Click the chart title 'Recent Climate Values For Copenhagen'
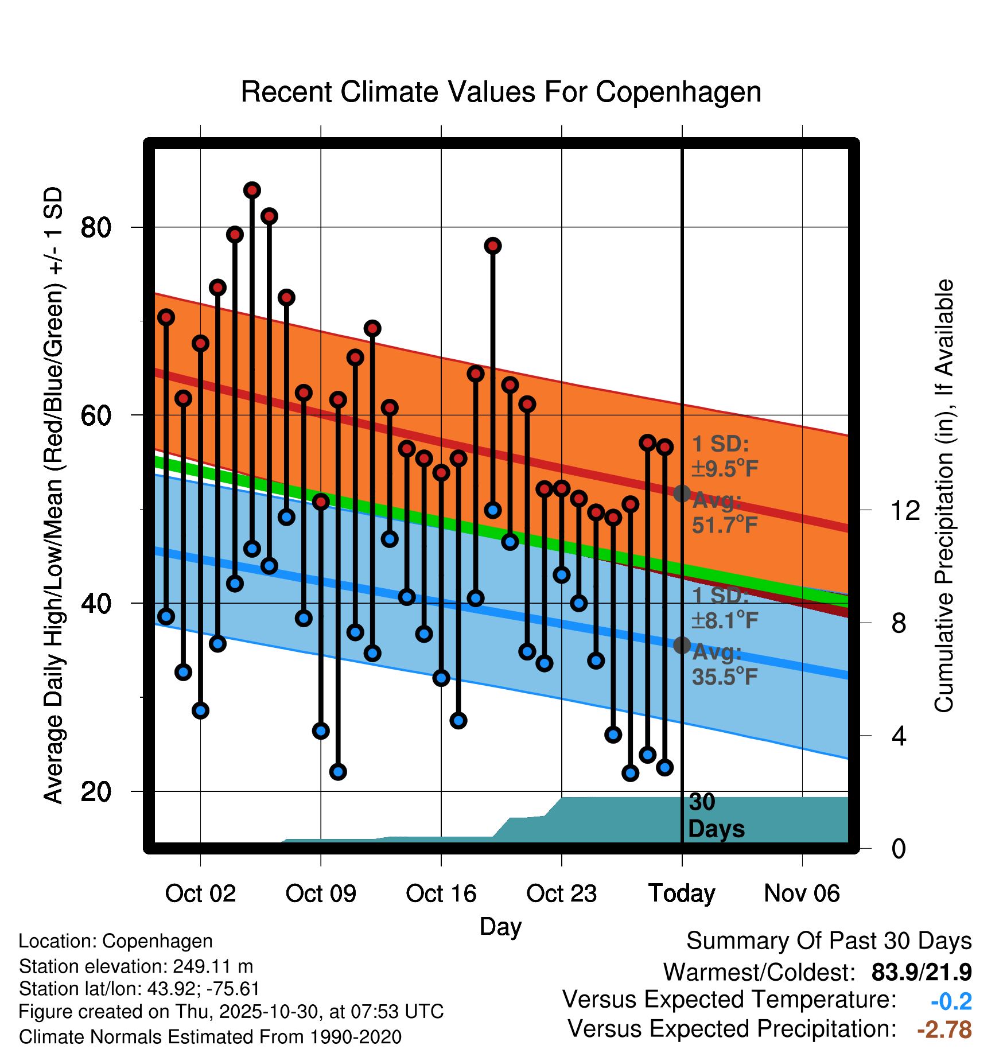(x=501, y=92)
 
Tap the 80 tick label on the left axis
(x=96, y=227)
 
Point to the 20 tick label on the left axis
(x=96, y=791)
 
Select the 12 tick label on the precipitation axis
(x=905, y=510)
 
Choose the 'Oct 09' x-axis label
(x=321, y=893)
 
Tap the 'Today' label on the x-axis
(x=682, y=893)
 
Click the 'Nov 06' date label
(x=802, y=893)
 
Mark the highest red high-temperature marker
(x=252, y=190)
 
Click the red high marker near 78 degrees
(x=492, y=246)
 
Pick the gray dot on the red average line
(x=682, y=494)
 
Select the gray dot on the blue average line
(x=682, y=646)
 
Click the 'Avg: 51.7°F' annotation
(x=724, y=513)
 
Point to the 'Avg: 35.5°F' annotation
(x=724, y=665)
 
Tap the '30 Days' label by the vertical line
(x=716, y=816)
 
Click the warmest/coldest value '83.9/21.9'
(x=921, y=972)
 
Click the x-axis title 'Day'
(x=500, y=927)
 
